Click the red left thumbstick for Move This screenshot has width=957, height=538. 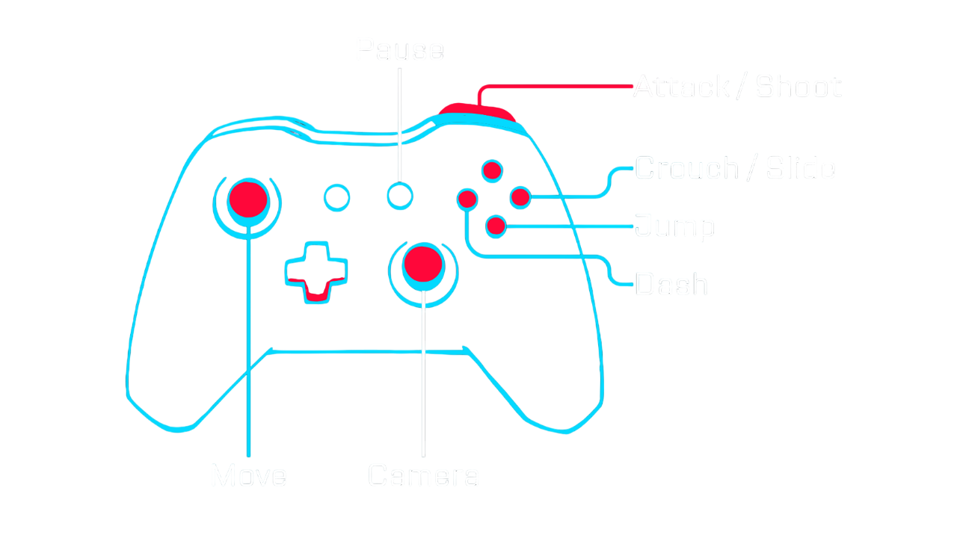click(248, 197)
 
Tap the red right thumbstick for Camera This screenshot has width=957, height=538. click(423, 262)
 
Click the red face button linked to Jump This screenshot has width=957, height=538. click(496, 225)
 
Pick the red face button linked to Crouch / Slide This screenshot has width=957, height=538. click(520, 197)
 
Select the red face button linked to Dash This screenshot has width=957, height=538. click(467, 199)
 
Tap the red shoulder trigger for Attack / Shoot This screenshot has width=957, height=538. click(477, 113)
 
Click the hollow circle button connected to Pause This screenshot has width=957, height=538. click(400, 196)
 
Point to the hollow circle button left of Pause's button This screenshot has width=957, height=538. click(336, 197)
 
